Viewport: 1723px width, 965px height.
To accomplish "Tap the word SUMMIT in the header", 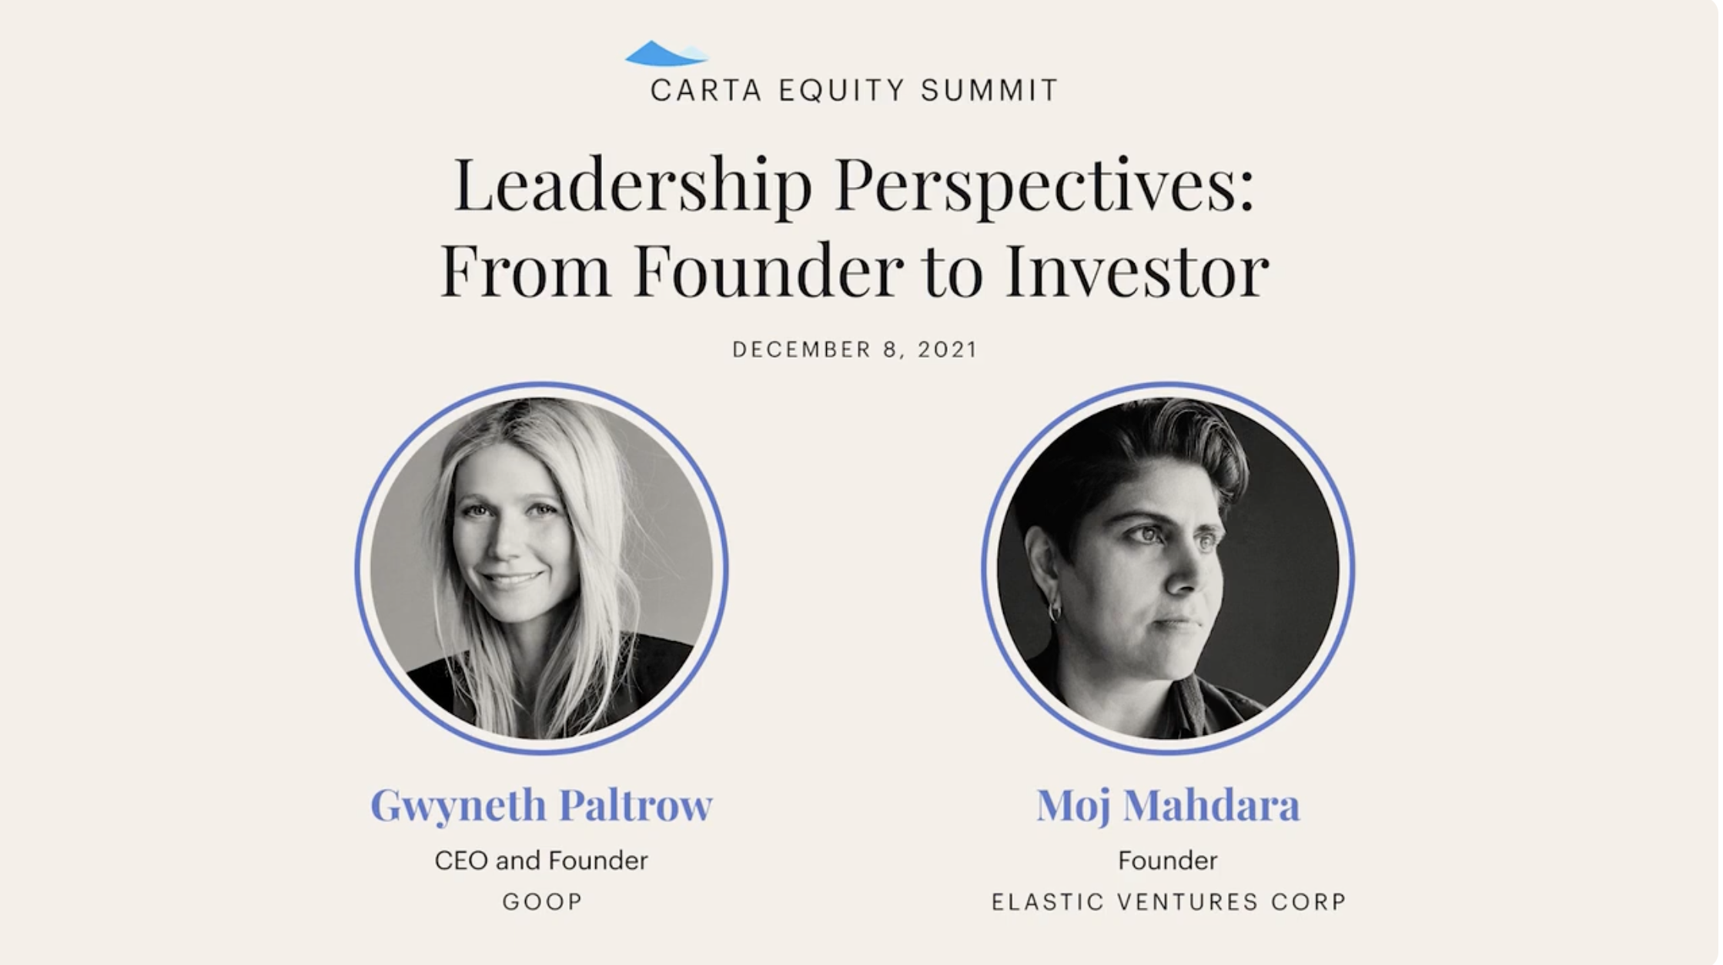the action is click(989, 90).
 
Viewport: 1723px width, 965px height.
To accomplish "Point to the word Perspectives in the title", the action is click(1045, 187).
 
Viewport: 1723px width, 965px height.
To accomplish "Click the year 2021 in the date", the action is click(947, 349).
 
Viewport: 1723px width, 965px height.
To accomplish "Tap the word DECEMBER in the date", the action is click(801, 349).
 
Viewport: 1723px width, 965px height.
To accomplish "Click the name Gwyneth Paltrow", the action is click(541, 806).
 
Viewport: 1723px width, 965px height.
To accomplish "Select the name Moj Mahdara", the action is click(1168, 806).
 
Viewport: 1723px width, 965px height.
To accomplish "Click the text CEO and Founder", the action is click(541, 860).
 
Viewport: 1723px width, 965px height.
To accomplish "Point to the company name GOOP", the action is click(542, 901).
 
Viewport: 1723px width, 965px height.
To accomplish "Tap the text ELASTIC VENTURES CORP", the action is click(1169, 901).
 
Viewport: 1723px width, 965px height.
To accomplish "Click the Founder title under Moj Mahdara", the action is click(1168, 860).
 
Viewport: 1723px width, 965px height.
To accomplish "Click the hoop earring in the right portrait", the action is click(1055, 611).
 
